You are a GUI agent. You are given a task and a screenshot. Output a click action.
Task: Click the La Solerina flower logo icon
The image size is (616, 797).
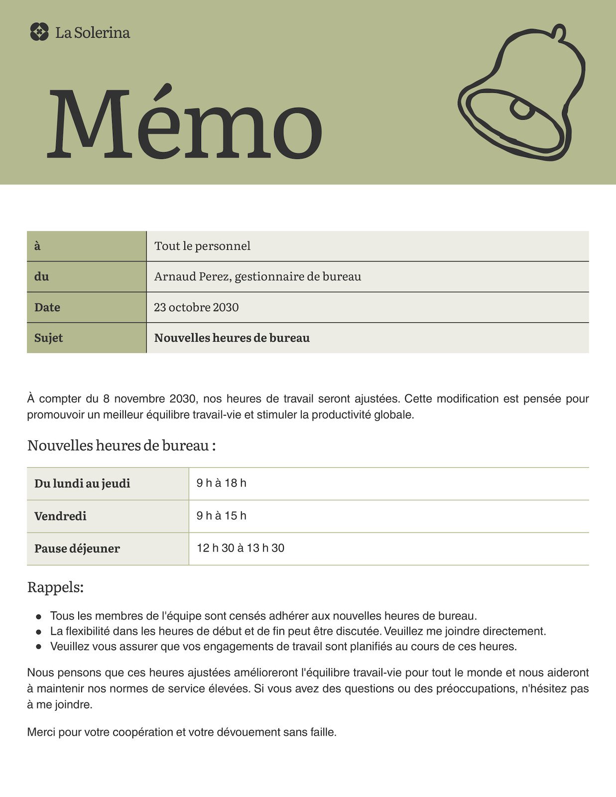[x=39, y=32]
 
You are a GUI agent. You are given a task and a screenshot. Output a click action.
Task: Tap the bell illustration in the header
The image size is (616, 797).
[x=521, y=92]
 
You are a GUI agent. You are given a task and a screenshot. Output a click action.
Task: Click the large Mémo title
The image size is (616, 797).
[x=184, y=124]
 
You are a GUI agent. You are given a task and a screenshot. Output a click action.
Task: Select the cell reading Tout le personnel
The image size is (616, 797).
[x=202, y=246]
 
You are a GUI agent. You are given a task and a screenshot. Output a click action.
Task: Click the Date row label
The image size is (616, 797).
[x=47, y=307]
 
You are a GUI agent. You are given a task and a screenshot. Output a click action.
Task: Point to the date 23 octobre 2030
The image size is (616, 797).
[x=196, y=307]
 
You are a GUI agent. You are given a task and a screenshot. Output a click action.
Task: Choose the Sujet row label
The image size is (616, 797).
[x=48, y=338]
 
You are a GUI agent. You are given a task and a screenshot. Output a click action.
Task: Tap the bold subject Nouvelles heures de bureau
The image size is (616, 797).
[x=232, y=338]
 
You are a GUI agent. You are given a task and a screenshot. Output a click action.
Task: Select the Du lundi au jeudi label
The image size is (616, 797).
[x=82, y=484]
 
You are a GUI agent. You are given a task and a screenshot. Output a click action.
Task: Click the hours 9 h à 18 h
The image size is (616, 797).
[x=221, y=483]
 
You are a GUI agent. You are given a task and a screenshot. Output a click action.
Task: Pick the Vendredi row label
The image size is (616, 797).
[x=60, y=516]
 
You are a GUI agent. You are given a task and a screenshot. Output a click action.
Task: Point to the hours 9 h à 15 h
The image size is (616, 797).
[x=221, y=516]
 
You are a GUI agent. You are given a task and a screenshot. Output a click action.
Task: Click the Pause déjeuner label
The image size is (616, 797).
[x=77, y=548]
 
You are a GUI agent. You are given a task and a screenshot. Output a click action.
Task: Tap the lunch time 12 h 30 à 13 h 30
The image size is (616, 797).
[x=241, y=548]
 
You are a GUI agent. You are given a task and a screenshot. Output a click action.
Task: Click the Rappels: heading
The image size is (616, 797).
[x=55, y=587]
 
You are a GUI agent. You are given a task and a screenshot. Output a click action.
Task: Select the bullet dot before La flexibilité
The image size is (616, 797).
[x=38, y=632]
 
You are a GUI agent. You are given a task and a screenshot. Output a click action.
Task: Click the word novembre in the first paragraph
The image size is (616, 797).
[x=141, y=398]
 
